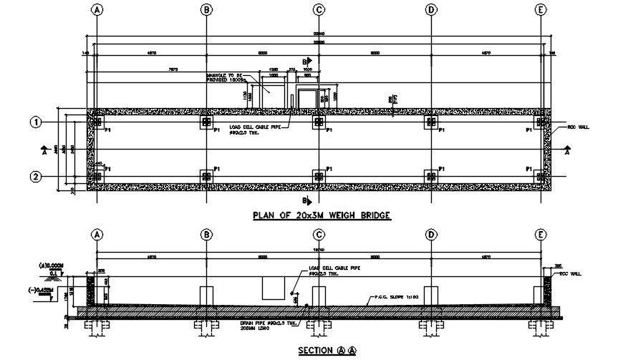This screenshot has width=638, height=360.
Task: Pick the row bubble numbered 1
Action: (x=34, y=122)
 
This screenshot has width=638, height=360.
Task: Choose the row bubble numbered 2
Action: (x=34, y=176)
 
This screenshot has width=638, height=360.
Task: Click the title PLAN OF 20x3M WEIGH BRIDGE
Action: (x=322, y=215)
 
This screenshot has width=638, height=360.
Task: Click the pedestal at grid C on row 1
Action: (x=318, y=122)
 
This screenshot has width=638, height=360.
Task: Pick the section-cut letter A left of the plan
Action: (x=44, y=152)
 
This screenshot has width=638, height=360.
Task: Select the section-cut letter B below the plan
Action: (x=306, y=200)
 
